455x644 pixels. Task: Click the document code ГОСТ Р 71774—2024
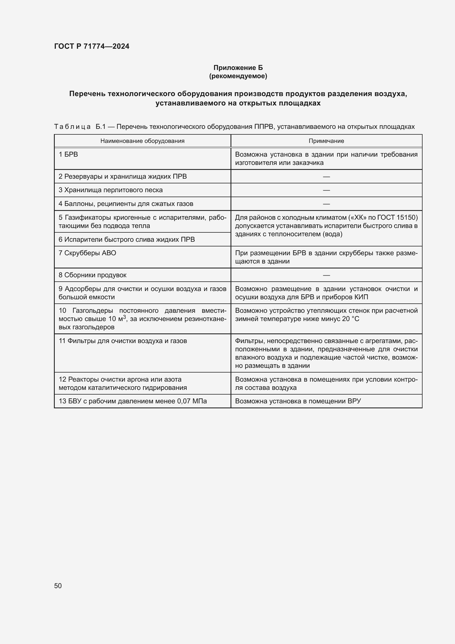tap(92, 46)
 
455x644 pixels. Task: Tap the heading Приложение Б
tap(238, 68)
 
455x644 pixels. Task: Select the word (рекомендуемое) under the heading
tap(238, 76)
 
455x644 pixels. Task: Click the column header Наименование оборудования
tap(142, 141)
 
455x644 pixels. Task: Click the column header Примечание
tap(326, 141)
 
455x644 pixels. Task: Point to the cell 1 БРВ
tap(68, 154)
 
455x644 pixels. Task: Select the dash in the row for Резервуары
tap(326, 176)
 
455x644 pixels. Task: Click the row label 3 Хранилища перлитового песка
tap(111, 190)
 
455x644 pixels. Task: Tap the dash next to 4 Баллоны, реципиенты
tap(326, 204)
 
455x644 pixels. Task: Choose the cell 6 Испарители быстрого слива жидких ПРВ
tap(127, 240)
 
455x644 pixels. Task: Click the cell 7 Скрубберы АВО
tap(87, 253)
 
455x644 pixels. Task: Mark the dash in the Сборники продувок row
tap(326, 275)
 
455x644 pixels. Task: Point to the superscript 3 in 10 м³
tap(125, 317)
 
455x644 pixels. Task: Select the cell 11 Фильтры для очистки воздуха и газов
tap(123, 341)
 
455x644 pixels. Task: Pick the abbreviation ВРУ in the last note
tap(354, 401)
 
